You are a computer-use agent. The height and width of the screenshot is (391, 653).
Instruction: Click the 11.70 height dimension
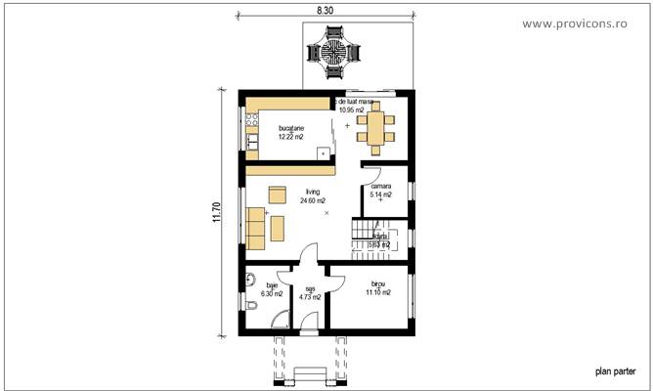click(216, 212)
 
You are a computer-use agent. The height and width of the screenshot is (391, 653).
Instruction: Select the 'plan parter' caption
click(616, 371)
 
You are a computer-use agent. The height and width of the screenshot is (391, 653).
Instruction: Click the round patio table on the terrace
click(332, 53)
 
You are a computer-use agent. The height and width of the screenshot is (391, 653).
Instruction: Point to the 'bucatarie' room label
click(291, 128)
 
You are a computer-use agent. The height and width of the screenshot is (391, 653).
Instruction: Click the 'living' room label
click(313, 193)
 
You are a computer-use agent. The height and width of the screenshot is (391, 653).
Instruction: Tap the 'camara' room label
click(380, 186)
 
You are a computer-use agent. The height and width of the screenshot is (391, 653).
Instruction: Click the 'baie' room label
click(272, 285)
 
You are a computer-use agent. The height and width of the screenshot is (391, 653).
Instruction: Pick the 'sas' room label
click(310, 288)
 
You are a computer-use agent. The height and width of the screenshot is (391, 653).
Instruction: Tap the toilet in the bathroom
click(251, 307)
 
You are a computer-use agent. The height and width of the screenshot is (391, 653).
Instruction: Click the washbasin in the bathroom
click(250, 278)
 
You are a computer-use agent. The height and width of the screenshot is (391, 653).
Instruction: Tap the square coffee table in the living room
click(277, 193)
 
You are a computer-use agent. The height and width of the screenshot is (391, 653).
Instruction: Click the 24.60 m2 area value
click(313, 200)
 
